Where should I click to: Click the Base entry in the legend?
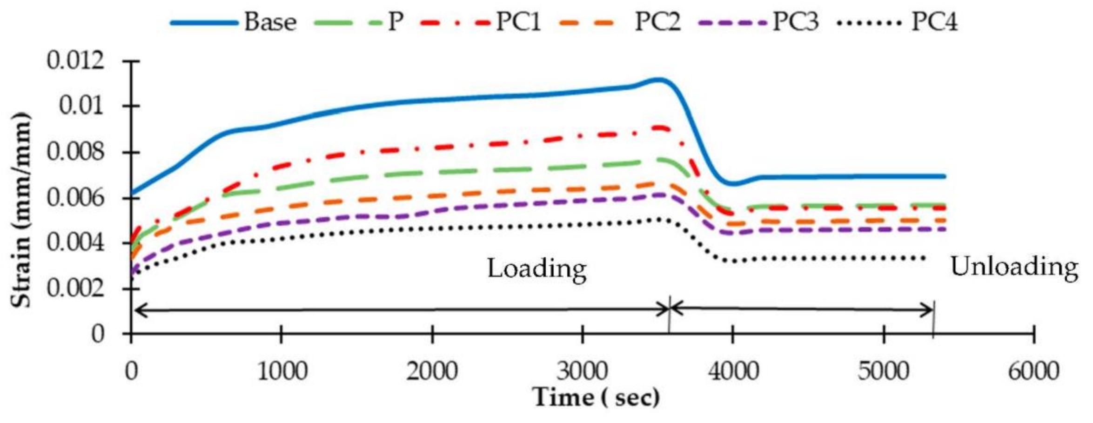coord(270,22)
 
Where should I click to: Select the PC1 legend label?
coord(518,22)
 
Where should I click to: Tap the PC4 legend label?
coord(934,22)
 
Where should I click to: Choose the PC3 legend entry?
coord(795,22)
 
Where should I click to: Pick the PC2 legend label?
coord(657,22)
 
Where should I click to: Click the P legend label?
coord(395,22)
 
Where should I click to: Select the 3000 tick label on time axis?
coord(583,371)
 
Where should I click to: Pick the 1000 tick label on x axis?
coord(282,371)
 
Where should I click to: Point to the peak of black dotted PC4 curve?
coord(660,219)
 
